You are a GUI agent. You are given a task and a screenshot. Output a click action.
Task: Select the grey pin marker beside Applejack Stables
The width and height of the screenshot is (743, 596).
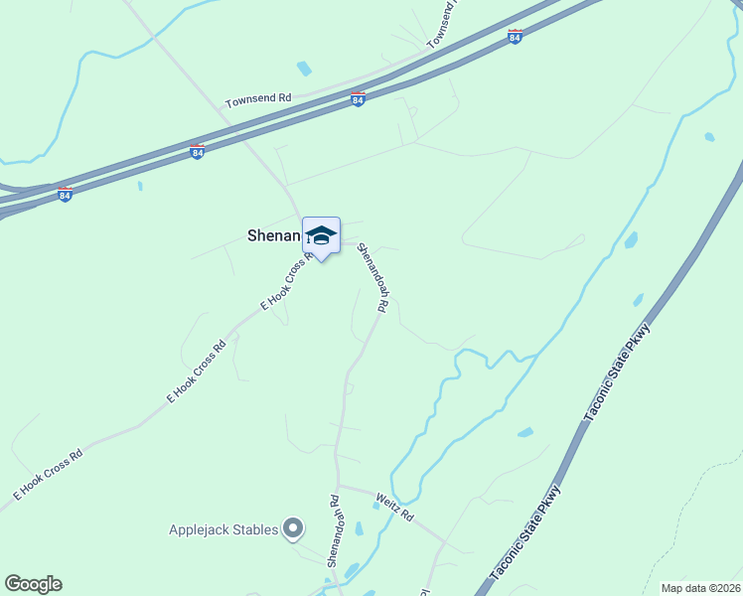pos(292,528)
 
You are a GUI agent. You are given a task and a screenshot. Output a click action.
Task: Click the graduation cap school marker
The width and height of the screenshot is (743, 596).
pos(321,235)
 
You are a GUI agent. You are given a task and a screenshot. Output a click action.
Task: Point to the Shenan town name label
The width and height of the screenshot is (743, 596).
pos(272,235)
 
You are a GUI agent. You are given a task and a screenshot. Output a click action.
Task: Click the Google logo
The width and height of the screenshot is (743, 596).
pos(33,584)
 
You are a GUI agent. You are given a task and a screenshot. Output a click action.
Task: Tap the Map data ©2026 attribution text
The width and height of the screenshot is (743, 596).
pos(700,588)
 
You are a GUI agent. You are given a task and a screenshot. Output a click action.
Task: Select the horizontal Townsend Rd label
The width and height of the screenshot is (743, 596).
pos(258,99)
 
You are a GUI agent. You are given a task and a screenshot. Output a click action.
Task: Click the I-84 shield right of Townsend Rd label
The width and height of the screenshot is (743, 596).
pos(358,99)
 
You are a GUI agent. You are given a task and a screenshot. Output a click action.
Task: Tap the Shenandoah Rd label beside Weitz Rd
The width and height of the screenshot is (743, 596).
pos(334,531)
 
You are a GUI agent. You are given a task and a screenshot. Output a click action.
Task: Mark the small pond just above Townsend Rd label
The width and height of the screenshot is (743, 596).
pos(304,69)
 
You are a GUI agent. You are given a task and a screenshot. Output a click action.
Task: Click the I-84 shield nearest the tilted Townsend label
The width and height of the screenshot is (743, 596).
pos(515,37)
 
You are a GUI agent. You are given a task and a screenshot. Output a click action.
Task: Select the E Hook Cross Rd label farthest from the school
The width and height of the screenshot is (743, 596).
pos(47,473)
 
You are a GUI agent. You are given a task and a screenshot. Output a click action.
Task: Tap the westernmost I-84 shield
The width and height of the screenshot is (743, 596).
pos(66,193)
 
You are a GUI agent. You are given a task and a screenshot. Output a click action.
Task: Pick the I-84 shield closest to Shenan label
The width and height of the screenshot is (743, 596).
pos(197,152)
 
